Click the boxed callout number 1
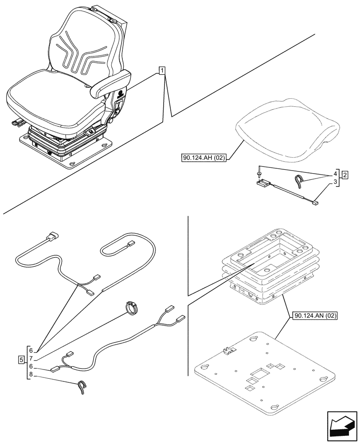(162, 70)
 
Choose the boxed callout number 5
(21, 359)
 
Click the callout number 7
(31, 358)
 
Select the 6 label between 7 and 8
(31, 367)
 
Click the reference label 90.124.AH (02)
(203, 157)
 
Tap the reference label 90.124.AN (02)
(315, 316)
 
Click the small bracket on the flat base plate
(230, 351)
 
